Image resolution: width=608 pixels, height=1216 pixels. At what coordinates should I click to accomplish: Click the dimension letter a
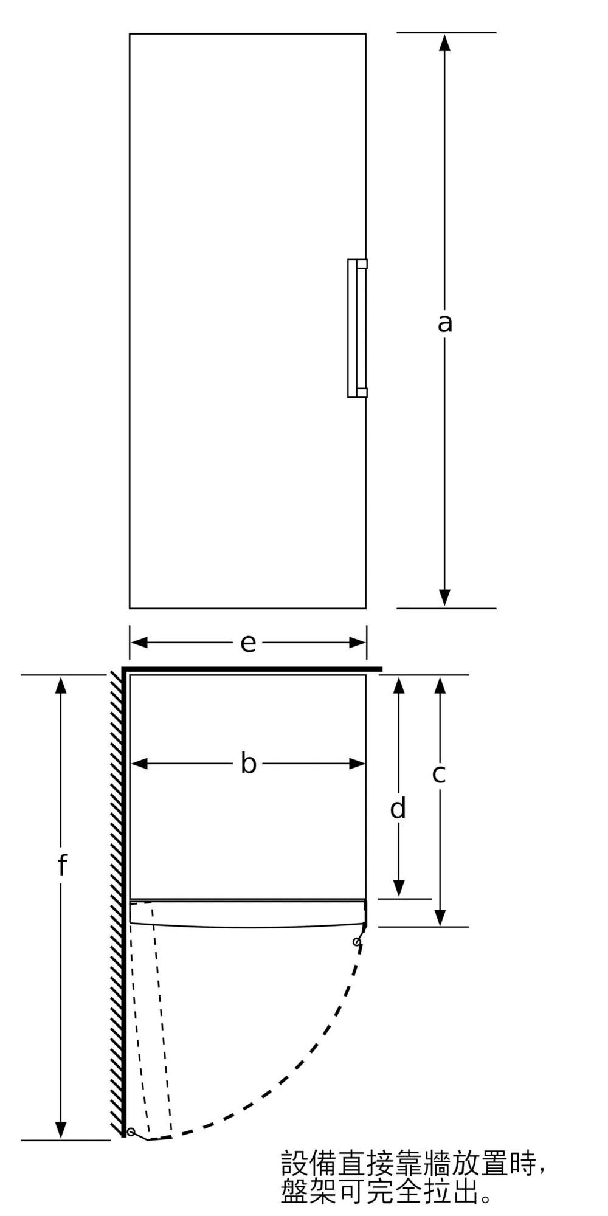(x=444, y=323)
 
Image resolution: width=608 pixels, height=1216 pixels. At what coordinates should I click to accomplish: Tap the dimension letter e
(x=248, y=643)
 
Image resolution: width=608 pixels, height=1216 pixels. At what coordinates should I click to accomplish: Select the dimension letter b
(x=248, y=764)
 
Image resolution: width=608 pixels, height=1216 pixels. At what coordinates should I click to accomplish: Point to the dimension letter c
(x=439, y=773)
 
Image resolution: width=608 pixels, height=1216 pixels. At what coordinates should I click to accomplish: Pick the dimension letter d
(x=398, y=809)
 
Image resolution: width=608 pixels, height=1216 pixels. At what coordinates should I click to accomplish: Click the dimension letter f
(x=61, y=865)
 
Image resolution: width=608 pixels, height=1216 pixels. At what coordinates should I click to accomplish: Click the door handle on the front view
(x=357, y=328)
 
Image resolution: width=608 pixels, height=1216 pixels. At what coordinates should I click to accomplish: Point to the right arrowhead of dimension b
(x=357, y=764)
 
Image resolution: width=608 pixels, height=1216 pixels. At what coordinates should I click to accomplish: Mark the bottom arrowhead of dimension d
(x=398, y=889)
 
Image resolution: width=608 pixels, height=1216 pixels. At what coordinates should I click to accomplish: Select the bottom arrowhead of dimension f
(x=61, y=1130)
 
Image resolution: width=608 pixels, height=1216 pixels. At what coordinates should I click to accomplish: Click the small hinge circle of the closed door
(x=357, y=942)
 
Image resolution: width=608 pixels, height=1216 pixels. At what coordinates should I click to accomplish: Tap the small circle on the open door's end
(x=131, y=1131)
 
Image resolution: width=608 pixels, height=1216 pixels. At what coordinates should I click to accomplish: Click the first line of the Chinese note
(x=413, y=1162)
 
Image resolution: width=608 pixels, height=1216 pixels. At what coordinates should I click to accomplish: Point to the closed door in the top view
(x=247, y=914)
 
